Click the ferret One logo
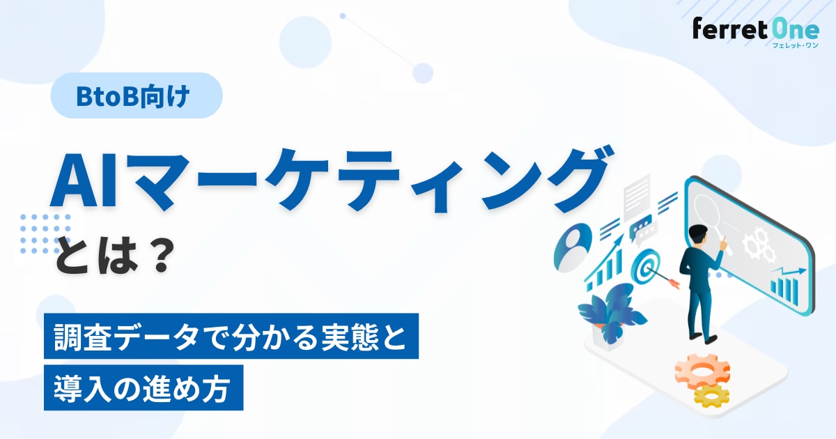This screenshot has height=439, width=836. pos(756,33)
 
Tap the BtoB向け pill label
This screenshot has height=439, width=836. pos(137,95)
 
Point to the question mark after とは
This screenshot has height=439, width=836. pos(161,256)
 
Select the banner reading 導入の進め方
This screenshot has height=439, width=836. pos(144,387)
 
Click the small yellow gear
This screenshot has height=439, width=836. pos(711,396)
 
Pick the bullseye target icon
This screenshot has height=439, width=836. pos(646,265)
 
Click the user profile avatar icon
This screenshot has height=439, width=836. pos(573,247)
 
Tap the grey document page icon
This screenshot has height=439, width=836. pos(637,198)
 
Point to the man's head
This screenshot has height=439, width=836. pos(697,236)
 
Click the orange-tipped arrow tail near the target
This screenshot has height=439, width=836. pos(674,283)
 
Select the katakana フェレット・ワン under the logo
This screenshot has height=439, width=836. pos(795,45)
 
